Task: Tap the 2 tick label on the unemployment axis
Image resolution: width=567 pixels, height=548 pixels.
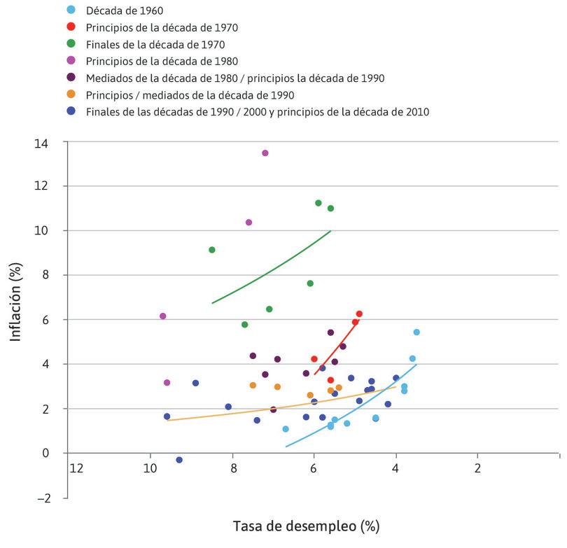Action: coord(478,468)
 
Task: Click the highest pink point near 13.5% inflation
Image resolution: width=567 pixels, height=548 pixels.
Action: coord(265,153)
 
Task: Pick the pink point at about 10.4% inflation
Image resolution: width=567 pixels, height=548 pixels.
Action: coord(248,222)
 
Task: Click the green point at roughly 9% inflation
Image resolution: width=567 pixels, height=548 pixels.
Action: coord(212,250)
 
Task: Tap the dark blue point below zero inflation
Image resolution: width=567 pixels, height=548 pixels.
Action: coord(179,460)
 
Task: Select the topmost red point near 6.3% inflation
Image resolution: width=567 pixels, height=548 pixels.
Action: coord(359,314)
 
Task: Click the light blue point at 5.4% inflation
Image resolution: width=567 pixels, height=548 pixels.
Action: coord(416,332)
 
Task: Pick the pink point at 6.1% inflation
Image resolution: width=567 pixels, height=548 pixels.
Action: coord(163,316)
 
